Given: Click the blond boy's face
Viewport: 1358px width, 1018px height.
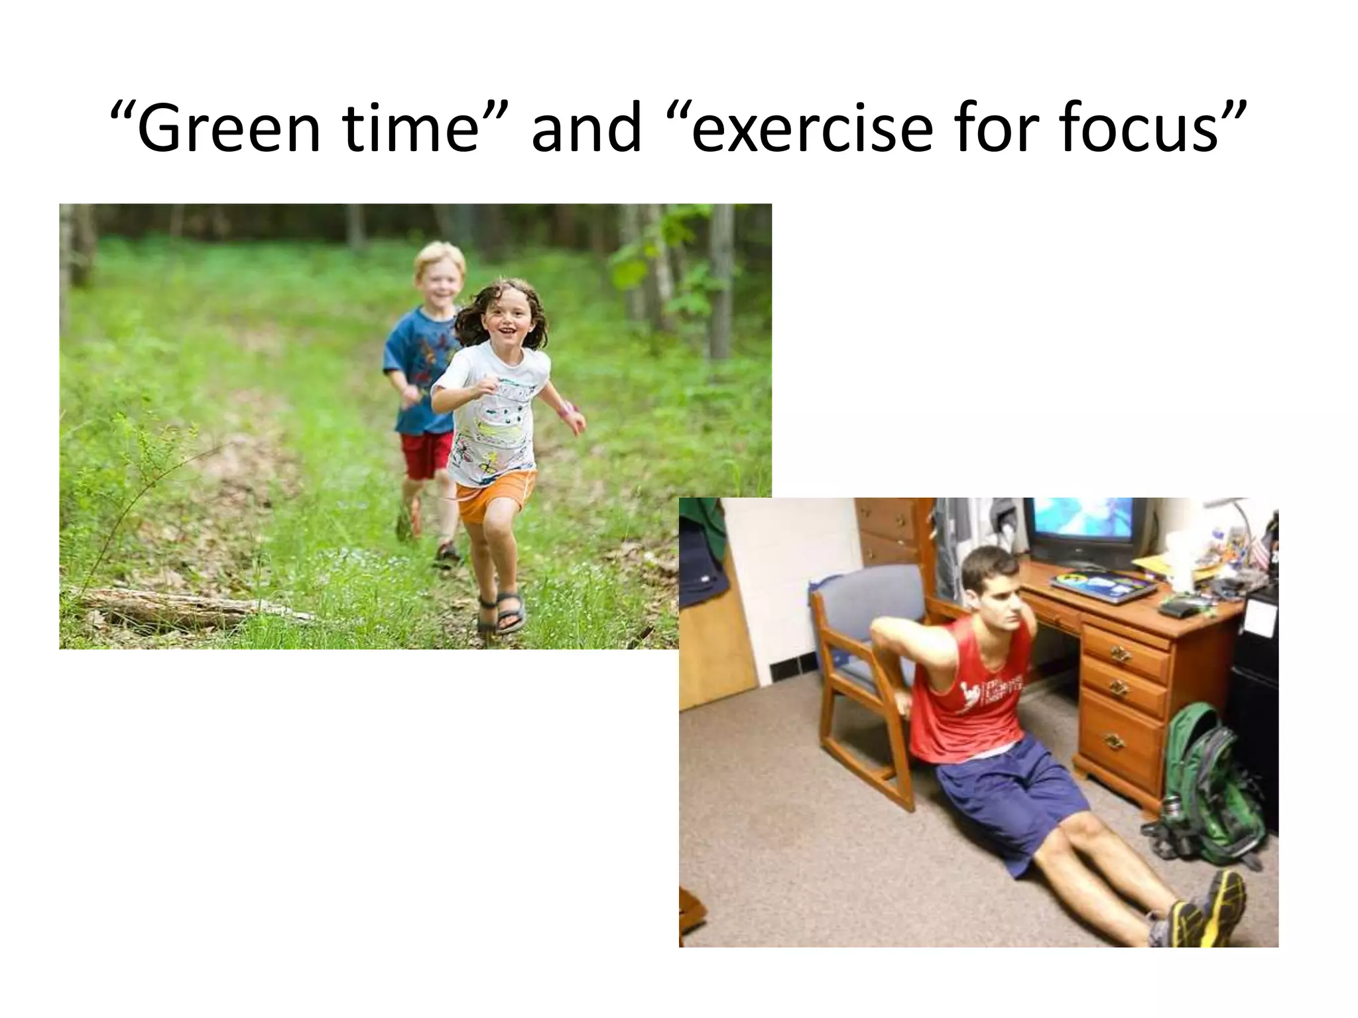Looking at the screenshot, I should (x=440, y=277).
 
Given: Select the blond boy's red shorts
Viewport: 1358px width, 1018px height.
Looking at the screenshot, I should (x=427, y=454).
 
